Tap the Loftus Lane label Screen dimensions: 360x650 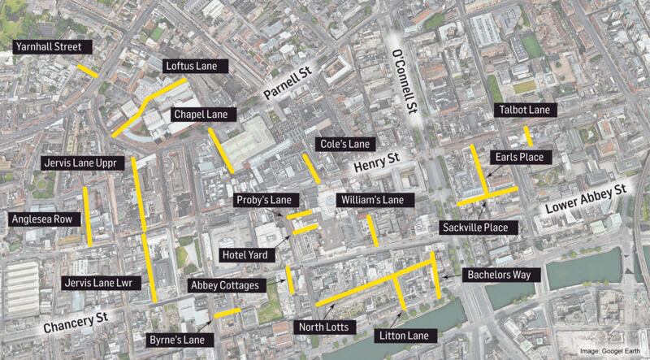195,65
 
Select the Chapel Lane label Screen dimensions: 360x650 200,115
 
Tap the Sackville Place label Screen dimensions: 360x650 474,228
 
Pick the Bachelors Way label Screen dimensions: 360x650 499,275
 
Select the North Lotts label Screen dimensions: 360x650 323,327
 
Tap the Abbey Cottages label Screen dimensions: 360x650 224,285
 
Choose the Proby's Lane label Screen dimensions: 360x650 263,200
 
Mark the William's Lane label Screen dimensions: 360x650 375,200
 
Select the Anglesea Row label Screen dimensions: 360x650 41,219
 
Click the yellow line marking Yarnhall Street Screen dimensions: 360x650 88,70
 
